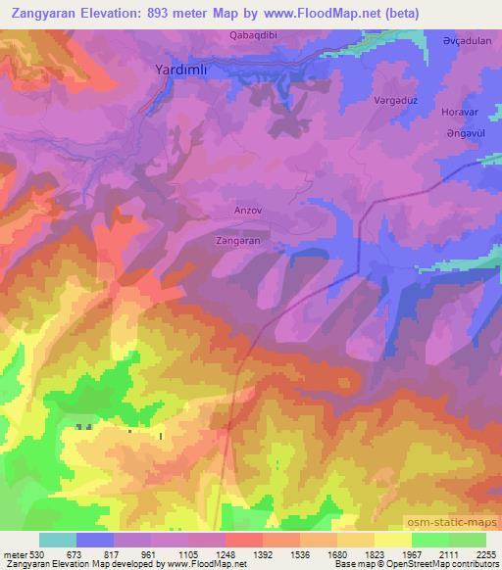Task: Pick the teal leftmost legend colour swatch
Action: click(x=58, y=540)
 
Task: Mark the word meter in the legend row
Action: click(x=14, y=552)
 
